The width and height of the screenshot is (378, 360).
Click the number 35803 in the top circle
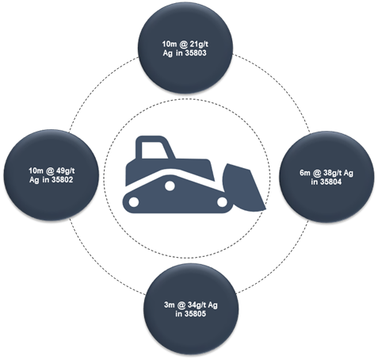[x=196, y=53]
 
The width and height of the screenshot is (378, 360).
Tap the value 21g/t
[x=199, y=44]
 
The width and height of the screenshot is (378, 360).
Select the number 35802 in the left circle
[x=62, y=180]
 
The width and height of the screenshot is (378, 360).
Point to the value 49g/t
[x=65, y=170]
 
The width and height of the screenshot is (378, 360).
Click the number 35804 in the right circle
[x=330, y=182]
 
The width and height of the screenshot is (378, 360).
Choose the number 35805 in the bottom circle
[x=195, y=314]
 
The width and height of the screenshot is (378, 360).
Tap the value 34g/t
[x=197, y=304]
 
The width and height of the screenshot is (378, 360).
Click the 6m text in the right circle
[x=305, y=173]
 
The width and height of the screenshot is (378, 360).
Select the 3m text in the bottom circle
[x=170, y=304]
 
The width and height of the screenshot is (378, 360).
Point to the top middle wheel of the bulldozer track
[x=170, y=186]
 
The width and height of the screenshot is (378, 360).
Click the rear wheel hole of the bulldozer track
[x=134, y=202]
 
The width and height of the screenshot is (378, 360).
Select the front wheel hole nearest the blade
[x=222, y=202]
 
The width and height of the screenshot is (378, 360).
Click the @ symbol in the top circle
[x=182, y=44]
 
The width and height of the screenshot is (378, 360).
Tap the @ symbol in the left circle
[x=49, y=171]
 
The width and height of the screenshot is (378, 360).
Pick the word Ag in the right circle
[x=349, y=173]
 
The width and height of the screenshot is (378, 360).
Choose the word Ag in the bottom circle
[x=212, y=305]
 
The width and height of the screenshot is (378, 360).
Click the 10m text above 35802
[x=36, y=170]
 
